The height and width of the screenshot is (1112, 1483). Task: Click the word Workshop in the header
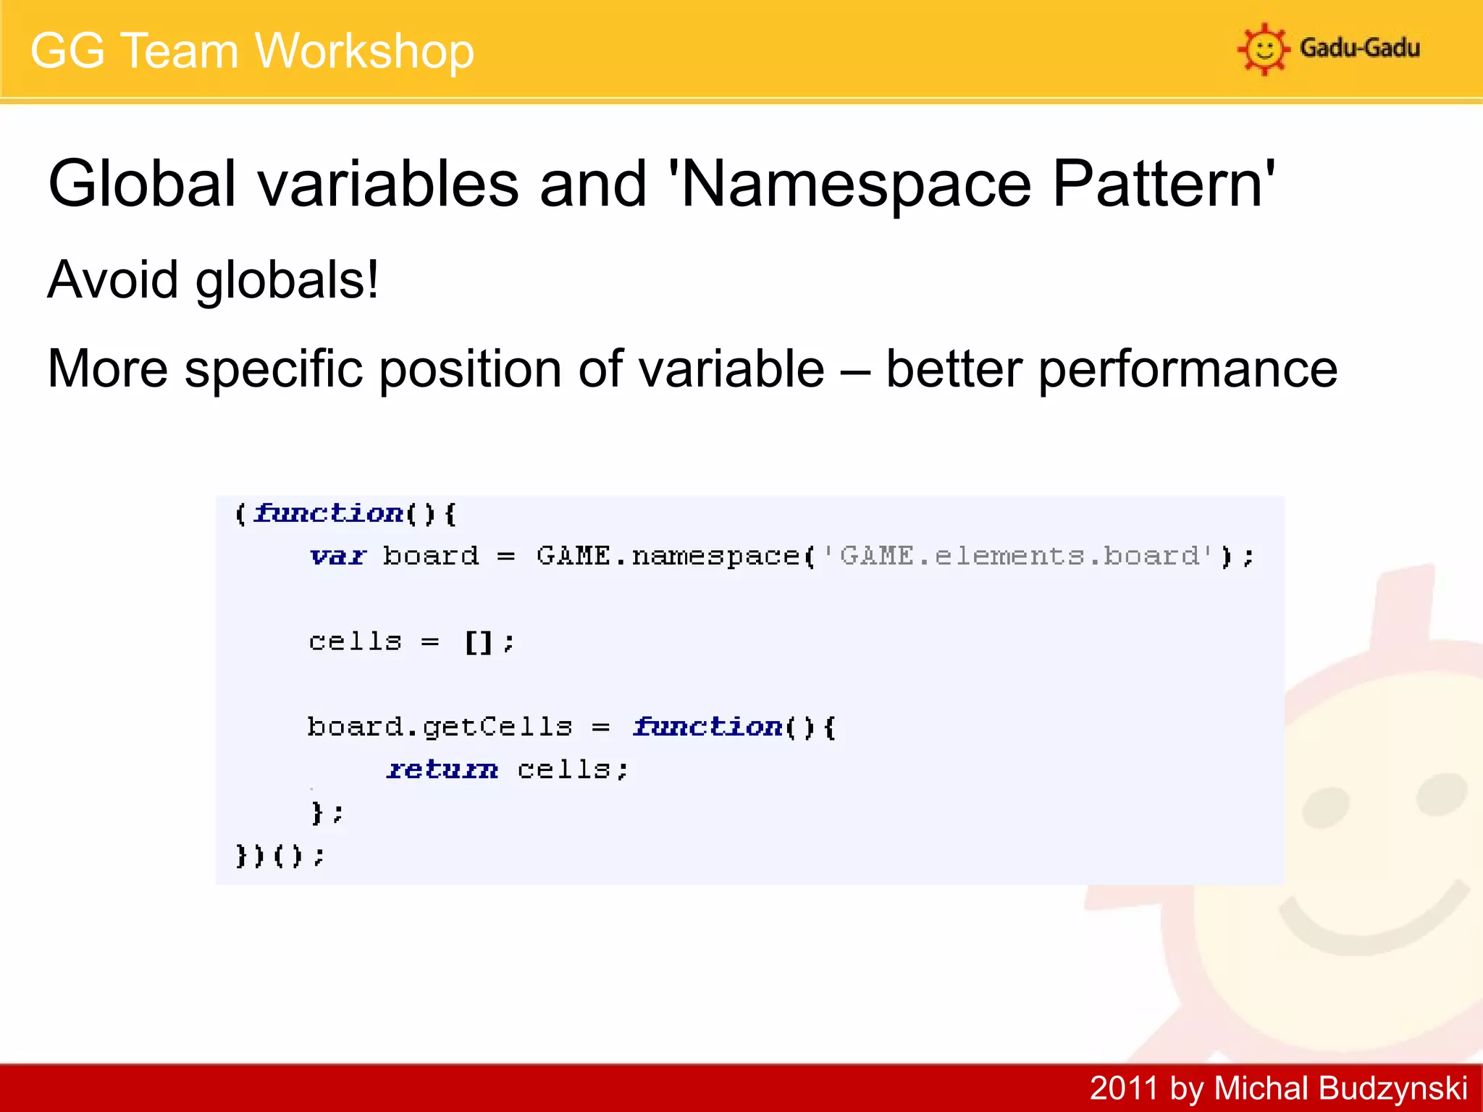[x=364, y=51]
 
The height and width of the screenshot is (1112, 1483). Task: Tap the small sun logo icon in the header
[x=1264, y=49]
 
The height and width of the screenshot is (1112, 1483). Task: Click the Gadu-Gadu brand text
[x=1359, y=49]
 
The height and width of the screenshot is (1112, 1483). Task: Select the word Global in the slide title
[x=142, y=184]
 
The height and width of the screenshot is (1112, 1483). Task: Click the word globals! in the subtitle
[x=287, y=280]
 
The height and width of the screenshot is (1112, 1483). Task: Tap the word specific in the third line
[x=274, y=369]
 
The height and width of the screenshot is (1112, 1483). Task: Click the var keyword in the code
[x=337, y=556]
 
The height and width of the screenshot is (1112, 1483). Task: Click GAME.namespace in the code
[x=668, y=556]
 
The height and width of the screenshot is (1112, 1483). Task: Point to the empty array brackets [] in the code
[x=479, y=642]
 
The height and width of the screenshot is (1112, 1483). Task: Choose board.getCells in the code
[x=440, y=727]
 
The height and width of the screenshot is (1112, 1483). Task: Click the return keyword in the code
[x=442, y=770]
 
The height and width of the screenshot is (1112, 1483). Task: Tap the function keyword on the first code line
[x=328, y=513]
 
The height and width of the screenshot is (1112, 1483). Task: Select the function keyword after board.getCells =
[x=707, y=727]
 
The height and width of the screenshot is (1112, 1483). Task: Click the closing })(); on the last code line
[x=280, y=856]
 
